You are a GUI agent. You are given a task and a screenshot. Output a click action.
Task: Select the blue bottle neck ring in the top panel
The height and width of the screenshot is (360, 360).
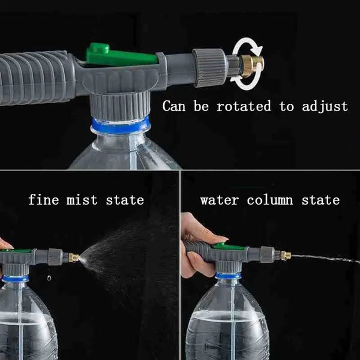point(121,125)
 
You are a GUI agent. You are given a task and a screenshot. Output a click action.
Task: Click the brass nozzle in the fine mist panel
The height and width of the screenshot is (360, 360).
point(73,257)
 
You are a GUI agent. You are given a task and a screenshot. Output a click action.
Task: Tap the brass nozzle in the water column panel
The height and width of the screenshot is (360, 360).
point(285,256)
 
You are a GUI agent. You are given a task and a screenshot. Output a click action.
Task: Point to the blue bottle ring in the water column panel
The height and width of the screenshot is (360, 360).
point(229,275)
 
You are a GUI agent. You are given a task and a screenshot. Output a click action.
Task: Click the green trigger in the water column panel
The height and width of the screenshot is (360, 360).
point(228,246)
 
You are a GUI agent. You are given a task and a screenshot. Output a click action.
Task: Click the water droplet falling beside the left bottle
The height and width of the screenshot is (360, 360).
point(48,277)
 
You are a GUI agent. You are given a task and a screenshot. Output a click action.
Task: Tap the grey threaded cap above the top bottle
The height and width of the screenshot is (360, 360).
point(120,104)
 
